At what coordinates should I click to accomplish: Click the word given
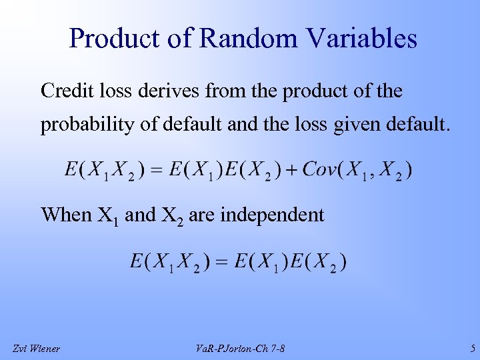(x=336, y=125)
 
